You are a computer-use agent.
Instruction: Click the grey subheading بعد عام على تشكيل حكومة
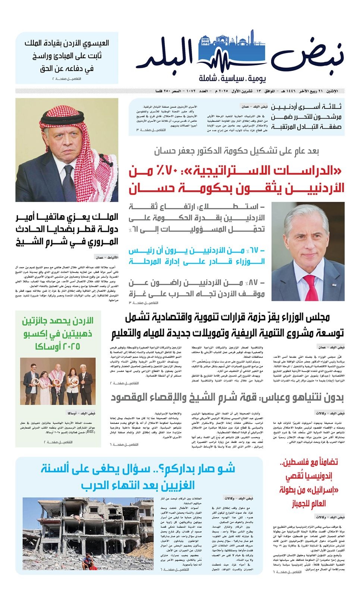coord(237,151)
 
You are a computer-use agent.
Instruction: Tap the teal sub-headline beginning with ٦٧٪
coord(197,256)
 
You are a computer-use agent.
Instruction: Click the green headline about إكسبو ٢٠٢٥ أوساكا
coord(58,333)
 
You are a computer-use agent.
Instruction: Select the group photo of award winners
coord(57,381)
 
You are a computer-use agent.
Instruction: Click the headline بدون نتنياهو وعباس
coord(227,398)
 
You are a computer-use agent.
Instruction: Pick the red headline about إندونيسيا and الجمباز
coord(309,483)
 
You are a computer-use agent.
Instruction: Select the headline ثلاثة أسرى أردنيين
coord(306,116)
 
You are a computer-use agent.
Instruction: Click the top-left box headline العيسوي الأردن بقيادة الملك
coord(67,56)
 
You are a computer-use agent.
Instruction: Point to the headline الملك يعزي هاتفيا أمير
coord(67,229)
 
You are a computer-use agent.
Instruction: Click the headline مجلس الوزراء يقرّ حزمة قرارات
coord(227,325)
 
